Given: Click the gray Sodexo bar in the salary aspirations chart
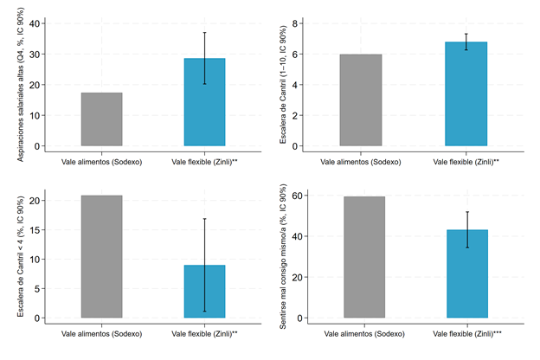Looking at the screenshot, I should coord(101,119).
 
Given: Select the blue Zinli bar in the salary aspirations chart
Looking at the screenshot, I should coord(204,102).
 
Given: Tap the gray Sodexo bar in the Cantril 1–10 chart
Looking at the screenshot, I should coord(361,100).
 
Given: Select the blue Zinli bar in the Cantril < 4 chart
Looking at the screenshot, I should coord(204,292).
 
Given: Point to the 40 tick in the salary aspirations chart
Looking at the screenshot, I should coord(35,23).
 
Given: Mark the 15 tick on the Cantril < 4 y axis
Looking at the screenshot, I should coord(35,229).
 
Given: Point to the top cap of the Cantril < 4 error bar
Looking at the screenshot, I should coord(204,219).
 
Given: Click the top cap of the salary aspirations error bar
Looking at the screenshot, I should coord(204,33).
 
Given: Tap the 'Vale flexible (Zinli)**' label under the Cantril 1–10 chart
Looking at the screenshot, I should coord(467,161).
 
